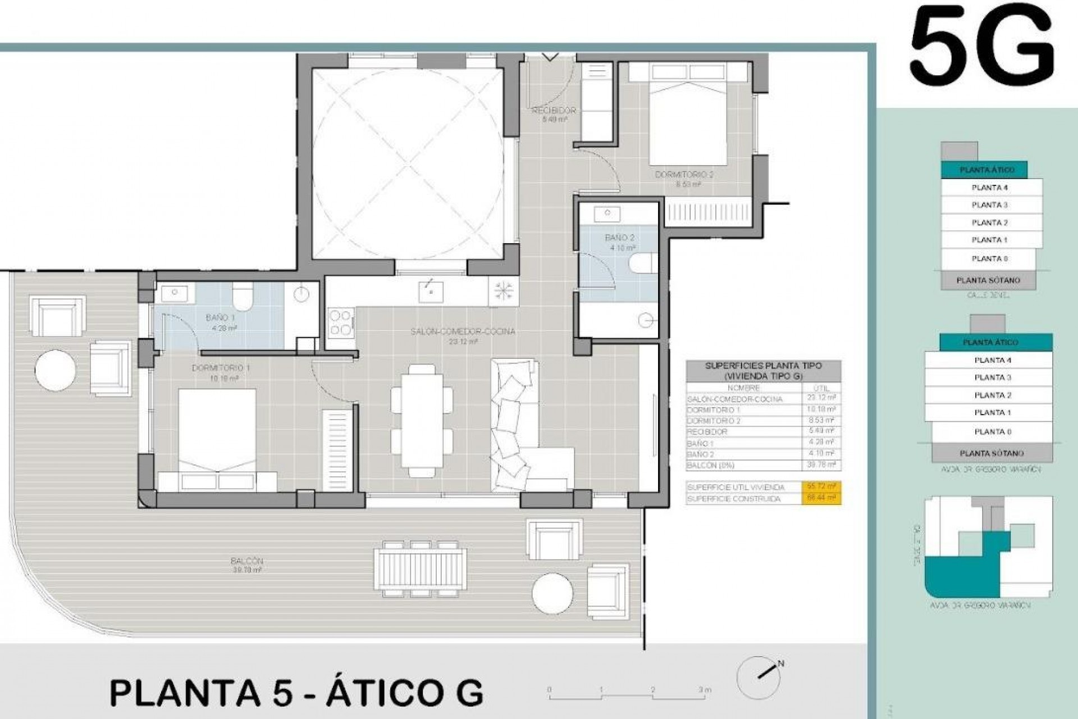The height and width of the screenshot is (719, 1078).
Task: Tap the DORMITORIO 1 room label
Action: coord(221,368)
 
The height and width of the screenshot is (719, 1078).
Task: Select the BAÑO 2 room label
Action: coord(619,238)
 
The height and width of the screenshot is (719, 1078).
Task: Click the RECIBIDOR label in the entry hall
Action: coord(554,111)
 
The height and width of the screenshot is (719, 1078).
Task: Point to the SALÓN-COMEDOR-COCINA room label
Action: coord(463,332)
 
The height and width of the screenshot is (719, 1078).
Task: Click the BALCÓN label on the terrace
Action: coord(246,561)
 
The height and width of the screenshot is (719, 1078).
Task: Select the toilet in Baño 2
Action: coord(643,264)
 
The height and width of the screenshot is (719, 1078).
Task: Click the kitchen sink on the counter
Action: coord(431,291)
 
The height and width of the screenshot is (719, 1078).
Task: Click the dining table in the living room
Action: coord(422,420)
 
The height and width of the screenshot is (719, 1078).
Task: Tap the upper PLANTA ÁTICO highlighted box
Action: coord(986,170)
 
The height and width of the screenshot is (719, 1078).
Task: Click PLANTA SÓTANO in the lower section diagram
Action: coord(991,453)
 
